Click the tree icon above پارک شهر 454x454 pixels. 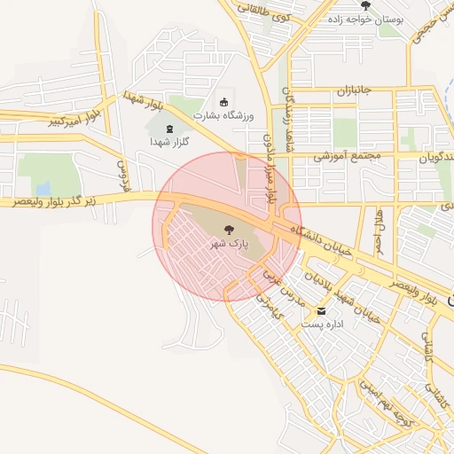coord(228,229)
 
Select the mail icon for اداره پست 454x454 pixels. coord(321,310)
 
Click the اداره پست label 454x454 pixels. coord(321,325)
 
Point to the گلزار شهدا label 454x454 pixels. coord(169,142)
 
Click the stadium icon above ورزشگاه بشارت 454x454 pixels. coord(223,102)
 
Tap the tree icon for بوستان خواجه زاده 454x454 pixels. coord(365,5)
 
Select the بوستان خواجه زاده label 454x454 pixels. coord(365,19)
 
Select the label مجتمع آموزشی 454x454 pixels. coord(347,156)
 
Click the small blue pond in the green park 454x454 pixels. coord(43,188)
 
